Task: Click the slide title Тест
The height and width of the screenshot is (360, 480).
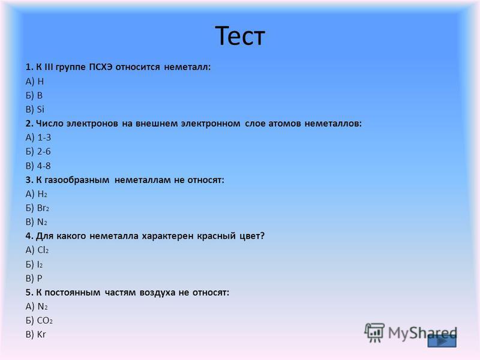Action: click(239, 36)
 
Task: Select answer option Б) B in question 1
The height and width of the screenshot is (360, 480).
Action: click(34, 95)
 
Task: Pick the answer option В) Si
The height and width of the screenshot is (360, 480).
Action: click(35, 109)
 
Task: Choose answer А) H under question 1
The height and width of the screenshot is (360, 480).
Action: click(35, 82)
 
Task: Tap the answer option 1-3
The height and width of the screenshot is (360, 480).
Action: click(38, 137)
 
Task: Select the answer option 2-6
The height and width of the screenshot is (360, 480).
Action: click(38, 152)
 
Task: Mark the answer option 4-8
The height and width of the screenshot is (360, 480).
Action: click(38, 166)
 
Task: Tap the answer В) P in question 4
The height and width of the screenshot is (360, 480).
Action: click(34, 278)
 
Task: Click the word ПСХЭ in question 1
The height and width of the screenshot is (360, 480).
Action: click(101, 67)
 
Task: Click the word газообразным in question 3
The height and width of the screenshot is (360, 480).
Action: click(77, 180)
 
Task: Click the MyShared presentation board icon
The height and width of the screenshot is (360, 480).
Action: click(374, 332)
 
